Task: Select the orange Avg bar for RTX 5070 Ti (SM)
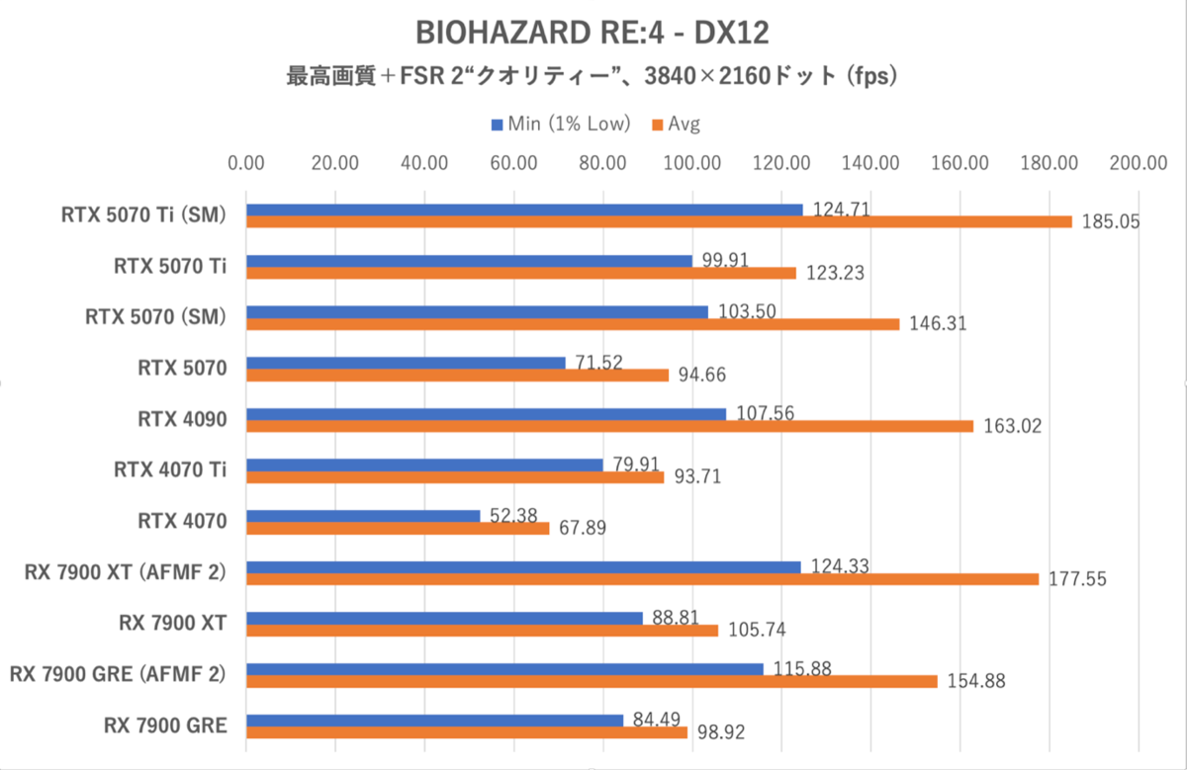point(659,221)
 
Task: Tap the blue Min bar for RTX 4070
point(363,516)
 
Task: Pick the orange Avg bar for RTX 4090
point(609,426)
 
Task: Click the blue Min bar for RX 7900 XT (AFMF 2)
point(523,566)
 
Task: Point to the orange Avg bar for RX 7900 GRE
point(467,732)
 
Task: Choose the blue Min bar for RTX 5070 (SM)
point(477,312)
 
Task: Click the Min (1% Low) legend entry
point(561,124)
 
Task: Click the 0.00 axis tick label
point(246,163)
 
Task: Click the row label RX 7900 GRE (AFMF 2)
point(118,674)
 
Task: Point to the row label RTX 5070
point(183,368)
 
